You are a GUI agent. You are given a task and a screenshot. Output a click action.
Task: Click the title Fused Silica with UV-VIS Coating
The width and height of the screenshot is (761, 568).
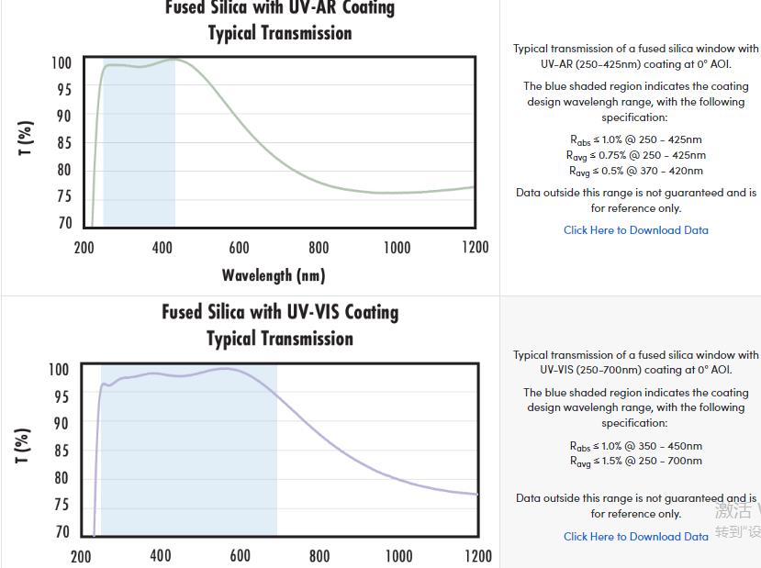tap(280, 312)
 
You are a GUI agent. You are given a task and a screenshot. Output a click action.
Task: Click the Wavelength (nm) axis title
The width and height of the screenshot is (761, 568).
tap(274, 274)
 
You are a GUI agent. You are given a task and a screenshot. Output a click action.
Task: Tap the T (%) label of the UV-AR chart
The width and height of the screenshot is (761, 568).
tap(27, 139)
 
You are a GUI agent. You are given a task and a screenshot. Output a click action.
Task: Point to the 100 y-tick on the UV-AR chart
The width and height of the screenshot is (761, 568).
tap(62, 63)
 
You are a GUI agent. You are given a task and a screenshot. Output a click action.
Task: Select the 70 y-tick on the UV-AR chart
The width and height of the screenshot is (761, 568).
tap(64, 223)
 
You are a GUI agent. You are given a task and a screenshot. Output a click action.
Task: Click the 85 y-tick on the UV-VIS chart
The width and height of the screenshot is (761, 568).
tap(61, 451)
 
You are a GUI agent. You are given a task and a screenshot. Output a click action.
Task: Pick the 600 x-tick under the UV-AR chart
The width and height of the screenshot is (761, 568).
tap(240, 248)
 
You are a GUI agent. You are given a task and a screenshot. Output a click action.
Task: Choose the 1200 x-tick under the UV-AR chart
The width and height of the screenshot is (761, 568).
tap(476, 248)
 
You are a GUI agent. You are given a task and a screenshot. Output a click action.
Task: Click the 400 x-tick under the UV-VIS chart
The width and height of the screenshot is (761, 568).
tap(161, 555)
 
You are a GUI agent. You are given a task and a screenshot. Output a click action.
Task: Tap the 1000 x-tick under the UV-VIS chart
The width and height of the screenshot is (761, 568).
tap(398, 555)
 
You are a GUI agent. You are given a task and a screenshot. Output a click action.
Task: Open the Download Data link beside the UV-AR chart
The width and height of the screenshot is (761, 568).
tap(636, 230)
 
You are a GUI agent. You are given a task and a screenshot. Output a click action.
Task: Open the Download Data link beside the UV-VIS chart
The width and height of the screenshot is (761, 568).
tap(636, 537)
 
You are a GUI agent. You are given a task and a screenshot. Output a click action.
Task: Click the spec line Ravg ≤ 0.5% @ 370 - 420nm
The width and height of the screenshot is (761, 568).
tap(636, 171)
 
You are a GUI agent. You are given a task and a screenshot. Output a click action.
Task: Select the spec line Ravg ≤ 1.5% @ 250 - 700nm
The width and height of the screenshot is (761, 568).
tap(636, 461)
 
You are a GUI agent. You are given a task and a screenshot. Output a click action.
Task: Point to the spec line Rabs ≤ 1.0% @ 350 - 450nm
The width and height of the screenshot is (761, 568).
tap(636, 446)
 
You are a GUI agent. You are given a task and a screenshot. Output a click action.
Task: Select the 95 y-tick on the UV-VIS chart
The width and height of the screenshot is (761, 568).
tap(61, 396)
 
